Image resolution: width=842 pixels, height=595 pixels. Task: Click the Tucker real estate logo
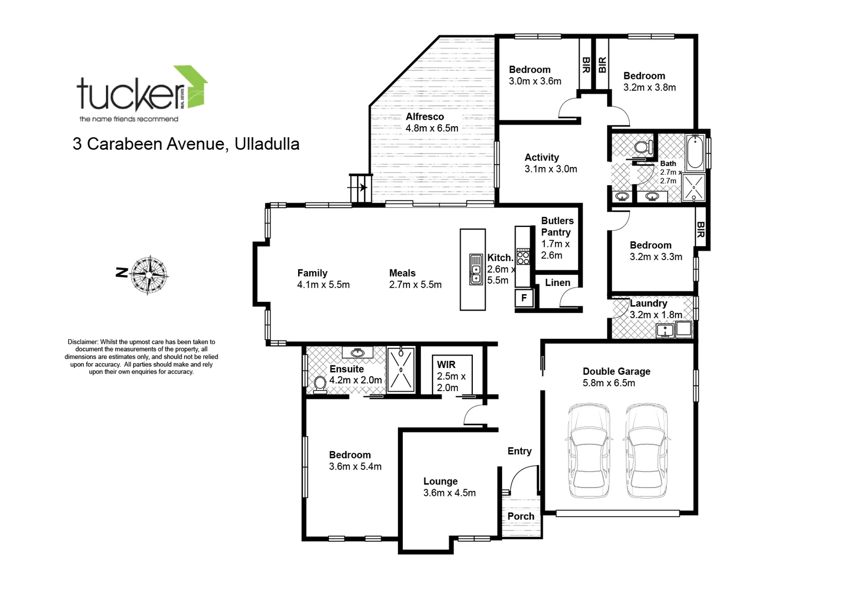(x=142, y=94)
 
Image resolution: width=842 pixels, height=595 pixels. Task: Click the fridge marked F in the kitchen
(x=523, y=298)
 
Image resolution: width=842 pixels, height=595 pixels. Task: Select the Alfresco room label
(x=425, y=117)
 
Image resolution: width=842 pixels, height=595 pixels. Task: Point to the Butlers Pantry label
(x=557, y=226)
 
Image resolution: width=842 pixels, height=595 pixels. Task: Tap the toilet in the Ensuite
(x=319, y=384)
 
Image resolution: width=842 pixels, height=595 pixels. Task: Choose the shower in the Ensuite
(x=401, y=369)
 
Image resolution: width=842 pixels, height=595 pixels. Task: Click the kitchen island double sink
(x=476, y=269)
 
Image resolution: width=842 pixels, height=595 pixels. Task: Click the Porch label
(x=521, y=516)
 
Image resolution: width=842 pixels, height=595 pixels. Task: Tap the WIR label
(x=446, y=365)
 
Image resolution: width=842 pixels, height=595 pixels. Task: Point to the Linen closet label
(x=557, y=283)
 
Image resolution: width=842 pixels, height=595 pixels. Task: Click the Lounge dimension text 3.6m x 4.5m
(x=449, y=493)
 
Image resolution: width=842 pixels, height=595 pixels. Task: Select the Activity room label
(x=542, y=158)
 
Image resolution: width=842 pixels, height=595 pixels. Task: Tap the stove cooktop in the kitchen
(x=522, y=257)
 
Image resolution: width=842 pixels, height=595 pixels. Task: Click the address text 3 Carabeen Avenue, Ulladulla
(x=186, y=144)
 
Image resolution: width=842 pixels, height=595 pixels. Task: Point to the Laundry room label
(x=648, y=304)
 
